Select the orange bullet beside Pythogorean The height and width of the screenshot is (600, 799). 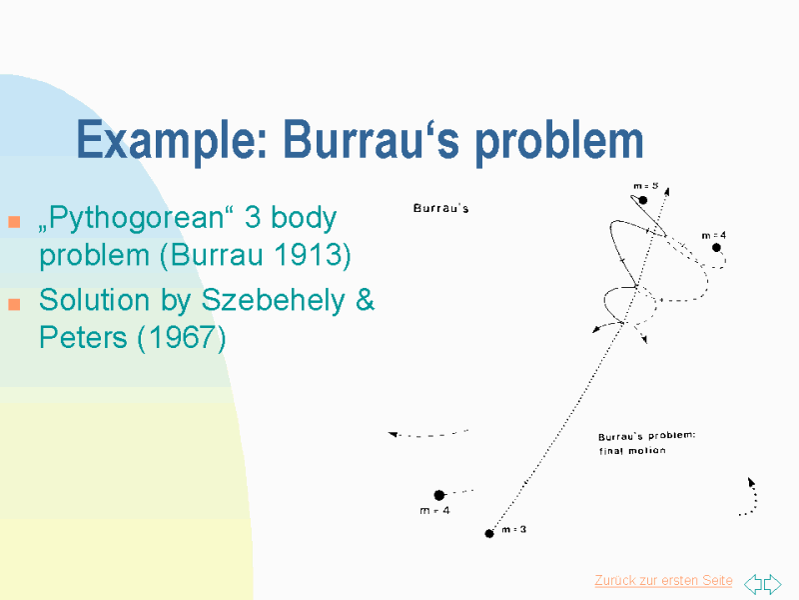(14, 221)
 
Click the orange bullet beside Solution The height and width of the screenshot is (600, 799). (14, 304)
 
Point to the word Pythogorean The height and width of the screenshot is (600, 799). (136, 218)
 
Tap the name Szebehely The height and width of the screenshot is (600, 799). (273, 300)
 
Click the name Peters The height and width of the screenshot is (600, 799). (83, 337)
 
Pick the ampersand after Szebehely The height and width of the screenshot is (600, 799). (365, 299)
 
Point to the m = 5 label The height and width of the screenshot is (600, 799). (645, 186)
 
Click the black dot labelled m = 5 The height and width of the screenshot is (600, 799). (643, 200)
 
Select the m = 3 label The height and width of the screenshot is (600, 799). (513, 530)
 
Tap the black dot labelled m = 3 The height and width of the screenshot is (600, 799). (489, 534)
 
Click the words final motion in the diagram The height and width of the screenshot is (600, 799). (632, 451)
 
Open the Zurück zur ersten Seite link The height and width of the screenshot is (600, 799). (663, 581)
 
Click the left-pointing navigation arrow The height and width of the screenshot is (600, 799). (753, 583)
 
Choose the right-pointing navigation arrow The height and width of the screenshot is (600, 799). (772, 583)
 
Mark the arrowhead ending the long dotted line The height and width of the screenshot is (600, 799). (667, 191)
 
